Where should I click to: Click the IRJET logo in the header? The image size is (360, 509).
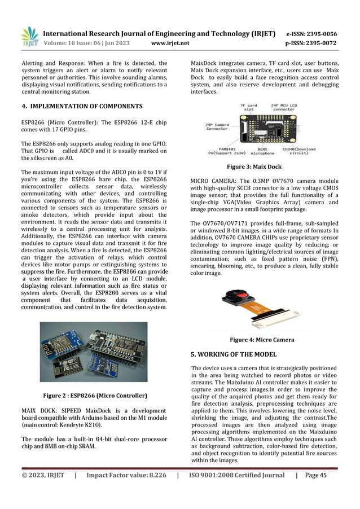pyautogui.click(x=29, y=36)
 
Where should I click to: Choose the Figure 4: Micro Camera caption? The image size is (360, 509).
pyautogui.click(x=262, y=340)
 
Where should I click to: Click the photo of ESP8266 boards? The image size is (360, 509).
pyautogui.click(x=94, y=351)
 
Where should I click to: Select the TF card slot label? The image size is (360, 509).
pyautogui.click(x=249, y=107)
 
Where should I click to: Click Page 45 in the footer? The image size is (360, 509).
pyautogui.click(x=315, y=475)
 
